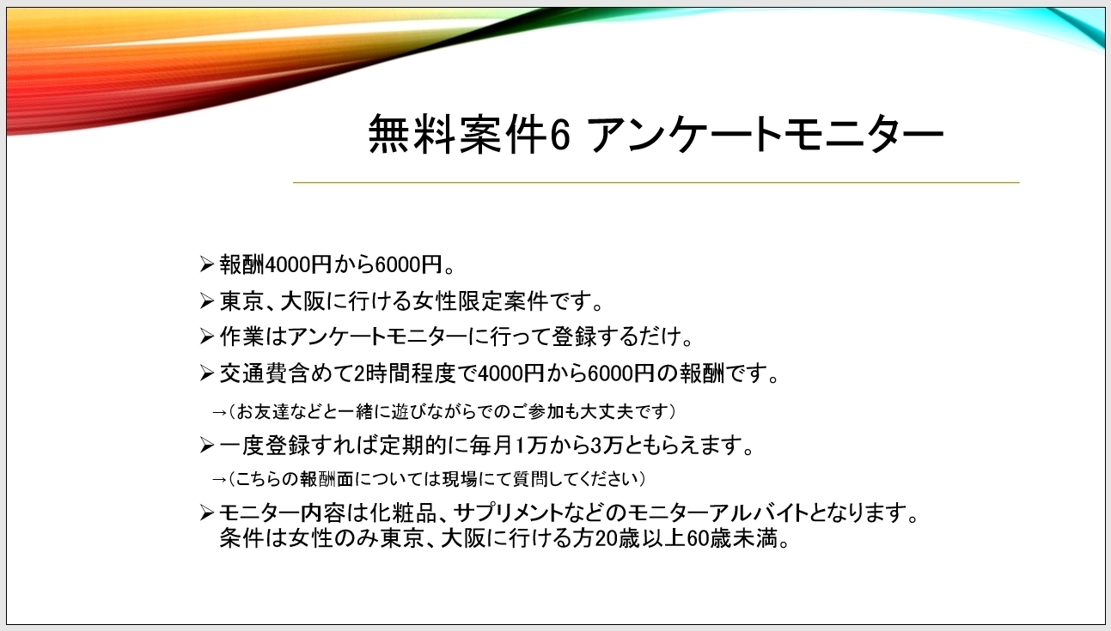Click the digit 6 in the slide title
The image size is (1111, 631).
click(560, 134)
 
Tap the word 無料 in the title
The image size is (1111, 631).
click(412, 134)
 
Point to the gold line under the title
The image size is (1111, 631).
click(656, 182)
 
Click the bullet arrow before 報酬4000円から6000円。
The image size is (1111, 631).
click(207, 264)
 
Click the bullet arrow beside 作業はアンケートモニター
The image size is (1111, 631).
click(207, 337)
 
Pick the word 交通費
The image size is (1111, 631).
click(253, 373)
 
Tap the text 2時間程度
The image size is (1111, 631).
click(404, 373)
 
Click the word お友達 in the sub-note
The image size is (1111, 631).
click(262, 411)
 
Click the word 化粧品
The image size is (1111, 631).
click(403, 513)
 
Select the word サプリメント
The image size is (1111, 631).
click(509, 513)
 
